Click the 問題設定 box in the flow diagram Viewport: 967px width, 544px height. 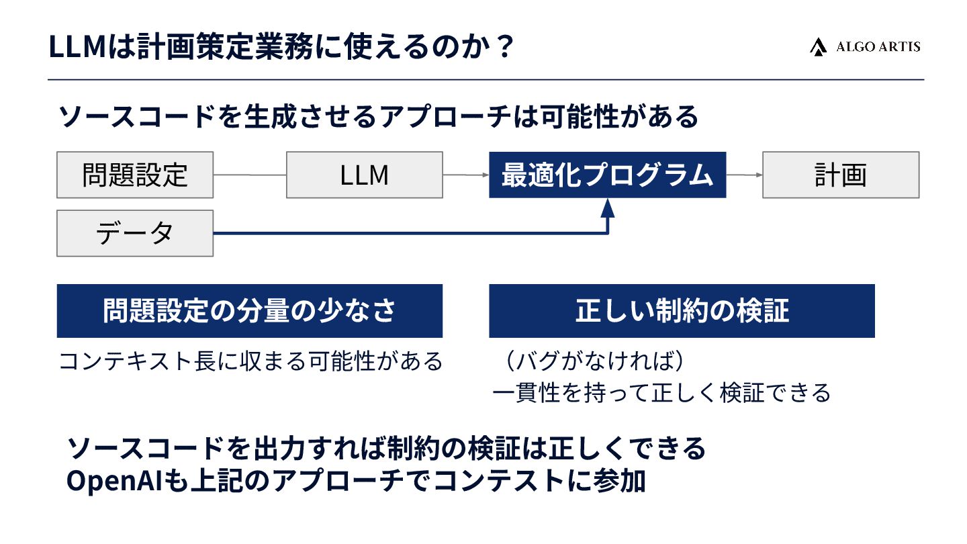(135, 175)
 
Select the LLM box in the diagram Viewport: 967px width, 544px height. (364, 175)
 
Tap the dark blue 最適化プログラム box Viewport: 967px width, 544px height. (607, 175)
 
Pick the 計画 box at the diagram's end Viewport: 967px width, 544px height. (840, 175)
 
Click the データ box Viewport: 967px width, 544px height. (135, 233)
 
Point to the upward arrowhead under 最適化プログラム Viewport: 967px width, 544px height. (608, 208)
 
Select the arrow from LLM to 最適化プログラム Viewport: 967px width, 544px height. (466, 175)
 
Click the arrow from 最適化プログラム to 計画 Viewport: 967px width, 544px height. (744, 175)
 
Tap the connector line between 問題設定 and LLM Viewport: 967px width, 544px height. (250, 175)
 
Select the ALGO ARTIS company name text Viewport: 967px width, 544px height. (878, 47)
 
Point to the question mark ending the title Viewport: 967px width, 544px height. (505, 48)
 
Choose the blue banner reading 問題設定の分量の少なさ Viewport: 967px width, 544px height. (249, 311)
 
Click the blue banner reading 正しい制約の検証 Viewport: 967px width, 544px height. (682, 311)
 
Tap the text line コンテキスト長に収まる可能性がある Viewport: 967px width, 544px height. (250, 361)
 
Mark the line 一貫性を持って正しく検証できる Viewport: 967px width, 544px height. (661, 392)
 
